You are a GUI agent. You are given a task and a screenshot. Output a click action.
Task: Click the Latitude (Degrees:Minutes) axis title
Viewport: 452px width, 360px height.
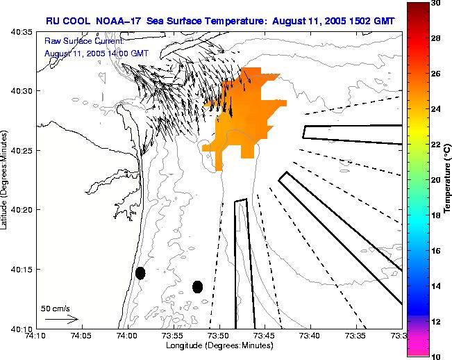[6, 179]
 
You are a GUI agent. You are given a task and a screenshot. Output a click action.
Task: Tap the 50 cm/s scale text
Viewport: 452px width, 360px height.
[56, 308]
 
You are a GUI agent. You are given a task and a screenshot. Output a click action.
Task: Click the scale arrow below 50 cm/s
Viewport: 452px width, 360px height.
[61, 319]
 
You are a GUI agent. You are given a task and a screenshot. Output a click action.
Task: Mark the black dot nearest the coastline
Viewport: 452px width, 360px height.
[140, 273]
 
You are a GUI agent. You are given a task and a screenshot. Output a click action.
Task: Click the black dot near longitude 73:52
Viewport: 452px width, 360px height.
[197, 286]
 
